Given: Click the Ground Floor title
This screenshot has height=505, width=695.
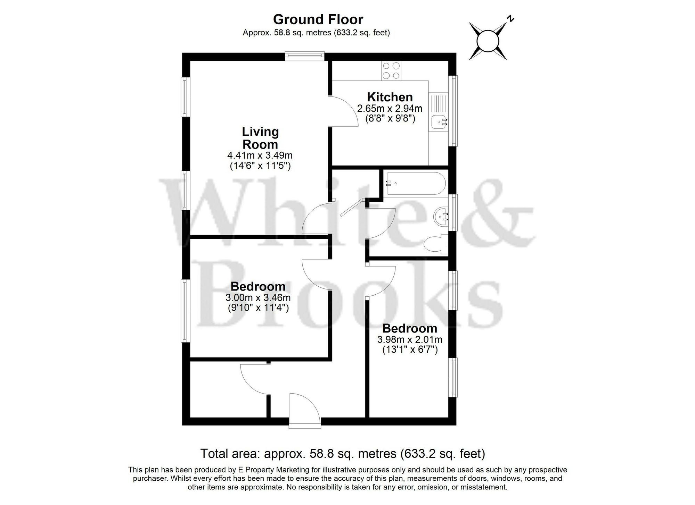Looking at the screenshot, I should (318, 19).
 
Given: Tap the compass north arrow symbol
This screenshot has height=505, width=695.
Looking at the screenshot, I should (488, 41).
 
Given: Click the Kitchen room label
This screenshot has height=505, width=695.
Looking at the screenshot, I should (390, 97).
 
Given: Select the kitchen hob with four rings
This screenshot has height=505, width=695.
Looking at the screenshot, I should (391, 70).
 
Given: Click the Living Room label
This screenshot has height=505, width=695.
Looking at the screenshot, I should (260, 138).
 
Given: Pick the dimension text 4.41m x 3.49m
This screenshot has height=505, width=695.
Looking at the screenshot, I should (260, 155).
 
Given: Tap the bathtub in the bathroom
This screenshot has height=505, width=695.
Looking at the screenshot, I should (415, 184).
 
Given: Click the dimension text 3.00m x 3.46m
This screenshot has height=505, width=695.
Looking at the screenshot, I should (258, 297).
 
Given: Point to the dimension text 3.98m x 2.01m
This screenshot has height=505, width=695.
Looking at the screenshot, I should (410, 339).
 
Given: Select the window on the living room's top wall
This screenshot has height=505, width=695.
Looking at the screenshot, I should (304, 56).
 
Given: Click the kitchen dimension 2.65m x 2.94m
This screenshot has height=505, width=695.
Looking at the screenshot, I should (390, 109).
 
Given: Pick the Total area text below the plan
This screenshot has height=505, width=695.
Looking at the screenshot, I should (342, 453).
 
